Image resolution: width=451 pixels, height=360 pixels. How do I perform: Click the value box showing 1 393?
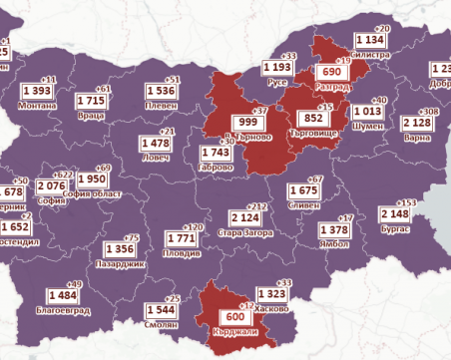[35, 91]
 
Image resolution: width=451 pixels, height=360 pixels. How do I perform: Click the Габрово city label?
[217, 168]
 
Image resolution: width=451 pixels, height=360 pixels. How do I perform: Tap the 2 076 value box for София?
[50, 185]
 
